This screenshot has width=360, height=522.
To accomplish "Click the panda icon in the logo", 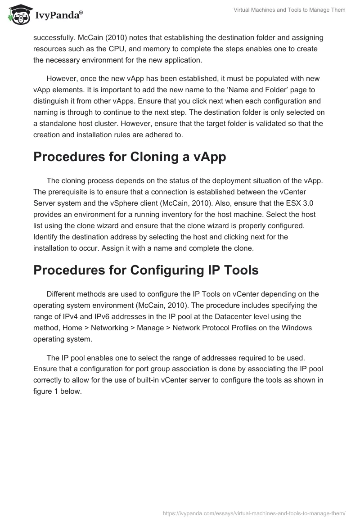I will tap(18, 14).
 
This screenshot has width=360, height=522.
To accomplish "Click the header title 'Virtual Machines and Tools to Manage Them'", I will tap(289, 10).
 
